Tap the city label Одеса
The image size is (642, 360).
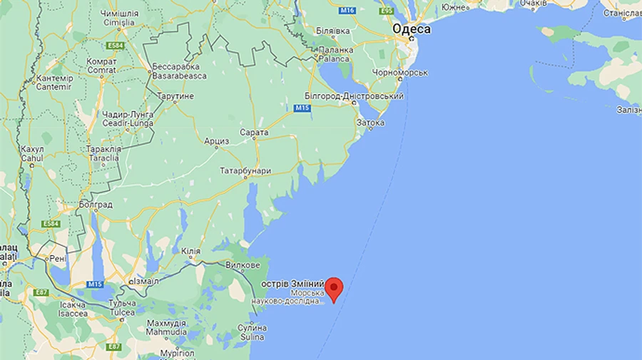tap(411, 29)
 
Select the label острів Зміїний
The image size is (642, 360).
tap(292, 283)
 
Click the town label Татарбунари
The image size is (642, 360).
tap(245, 171)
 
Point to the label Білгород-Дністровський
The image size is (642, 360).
tap(355, 96)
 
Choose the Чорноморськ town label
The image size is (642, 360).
tap(401, 73)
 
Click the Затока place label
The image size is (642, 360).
tap(370, 123)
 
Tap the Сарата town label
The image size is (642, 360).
tap(255, 133)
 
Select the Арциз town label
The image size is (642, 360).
tap(217, 141)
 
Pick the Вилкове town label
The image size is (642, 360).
tap(243, 265)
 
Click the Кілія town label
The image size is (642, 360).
tap(190, 251)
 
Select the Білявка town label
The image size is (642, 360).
tap(333, 31)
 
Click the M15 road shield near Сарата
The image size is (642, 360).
tap(301, 108)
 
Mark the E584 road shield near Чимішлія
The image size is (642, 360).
tap(116, 46)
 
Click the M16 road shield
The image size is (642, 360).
tap(347, 11)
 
